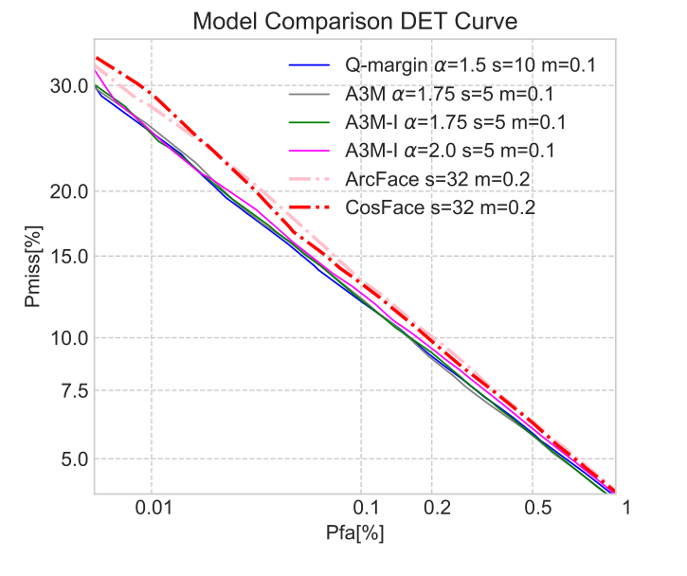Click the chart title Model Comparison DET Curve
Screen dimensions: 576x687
(x=355, y=21)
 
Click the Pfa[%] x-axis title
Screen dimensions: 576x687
(x=355, y=533)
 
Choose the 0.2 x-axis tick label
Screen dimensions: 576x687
(x=432, y=507)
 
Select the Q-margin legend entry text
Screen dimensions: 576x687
(x=469, y=66)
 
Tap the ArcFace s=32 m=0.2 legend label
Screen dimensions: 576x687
(x=437, y=179)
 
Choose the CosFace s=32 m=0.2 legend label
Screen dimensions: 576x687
(x=441, y=207)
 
